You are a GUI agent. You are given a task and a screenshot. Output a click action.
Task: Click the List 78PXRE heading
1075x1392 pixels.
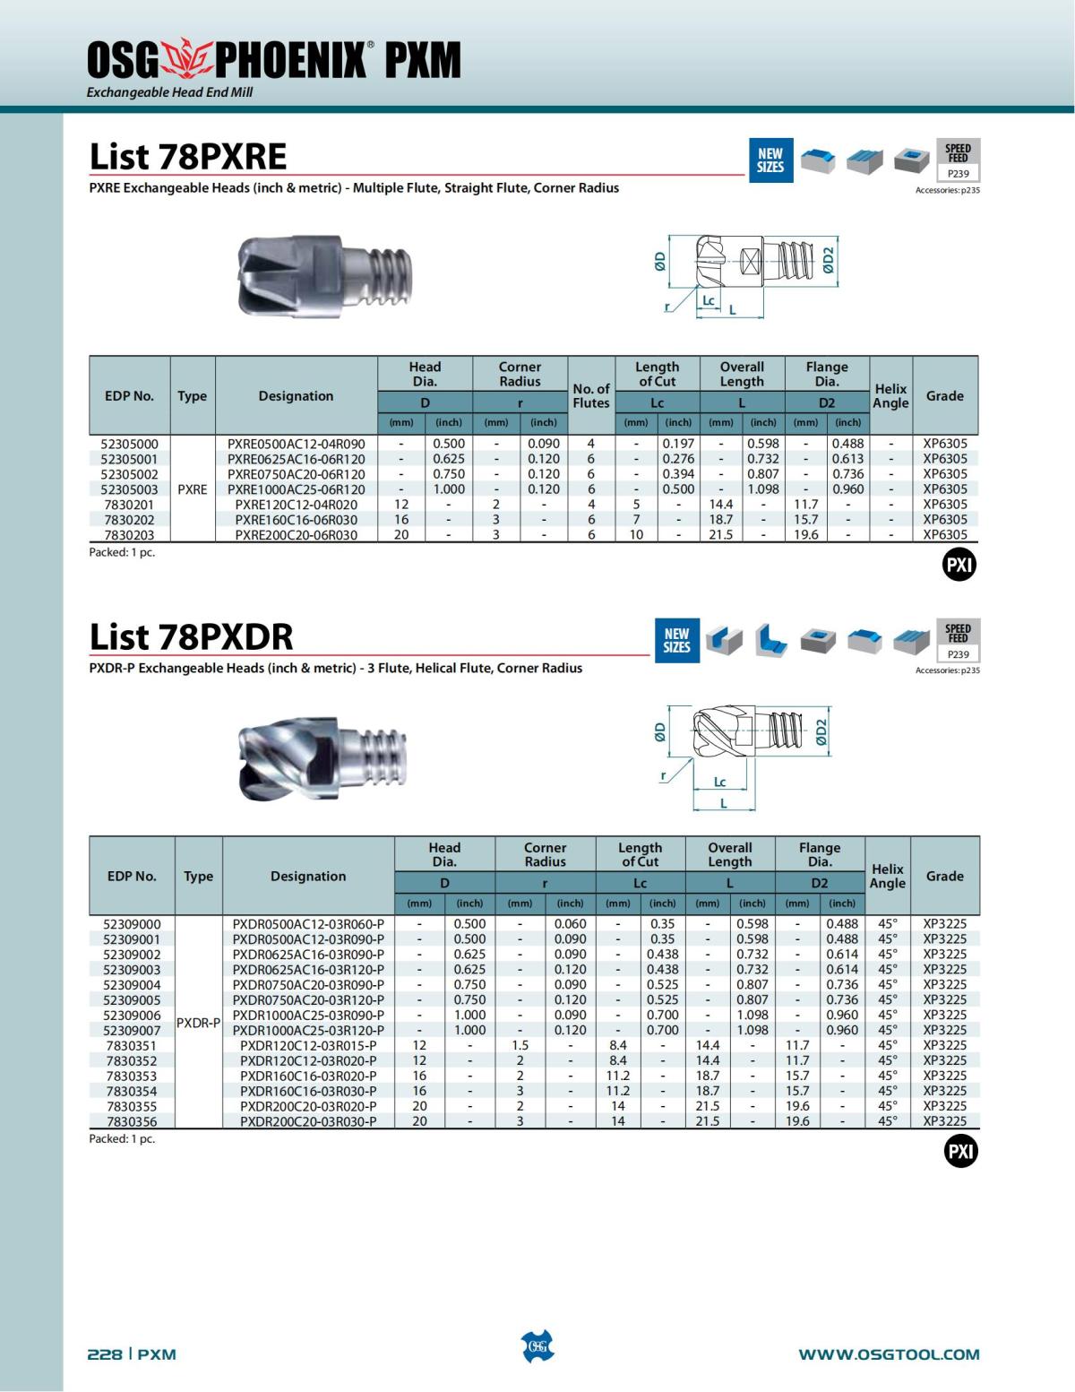(x=188, y=157)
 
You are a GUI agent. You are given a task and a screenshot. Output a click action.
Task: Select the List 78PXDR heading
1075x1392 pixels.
(x=191, y=637)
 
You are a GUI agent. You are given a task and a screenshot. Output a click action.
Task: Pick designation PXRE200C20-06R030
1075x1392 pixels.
(x=296, y=535)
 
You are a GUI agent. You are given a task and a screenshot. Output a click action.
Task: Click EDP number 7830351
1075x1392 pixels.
(x=131, y=1045)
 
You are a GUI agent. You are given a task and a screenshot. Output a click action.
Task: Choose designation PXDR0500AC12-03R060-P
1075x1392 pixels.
(x=308, y=924)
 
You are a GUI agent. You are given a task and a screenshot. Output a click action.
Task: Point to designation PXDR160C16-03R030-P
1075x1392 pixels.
(x=308, y=1091)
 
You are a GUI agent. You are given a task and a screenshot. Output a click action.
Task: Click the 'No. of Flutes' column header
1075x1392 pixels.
(x=590, y=395)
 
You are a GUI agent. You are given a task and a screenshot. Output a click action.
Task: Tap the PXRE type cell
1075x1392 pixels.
(x=193, y=489)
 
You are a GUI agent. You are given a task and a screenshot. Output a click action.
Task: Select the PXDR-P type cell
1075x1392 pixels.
(x=198, y=1023)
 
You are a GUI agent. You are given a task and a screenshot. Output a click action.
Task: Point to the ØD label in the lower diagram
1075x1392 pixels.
(x=660, y=732)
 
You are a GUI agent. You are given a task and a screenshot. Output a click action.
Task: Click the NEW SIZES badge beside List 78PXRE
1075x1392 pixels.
(x=770, y=160)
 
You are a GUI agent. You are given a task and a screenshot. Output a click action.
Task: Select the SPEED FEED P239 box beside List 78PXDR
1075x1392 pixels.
(x=958, y=641)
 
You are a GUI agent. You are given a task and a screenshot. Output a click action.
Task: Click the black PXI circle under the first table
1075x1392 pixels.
(x=959, y=566)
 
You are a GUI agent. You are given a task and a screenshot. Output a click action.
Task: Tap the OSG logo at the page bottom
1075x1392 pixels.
(x=537, y=1346)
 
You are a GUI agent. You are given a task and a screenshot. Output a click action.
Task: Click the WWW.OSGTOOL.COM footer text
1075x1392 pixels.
(x=889, y=1354)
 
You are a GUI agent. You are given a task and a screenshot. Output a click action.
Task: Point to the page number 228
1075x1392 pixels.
(x=104, y=1354)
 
